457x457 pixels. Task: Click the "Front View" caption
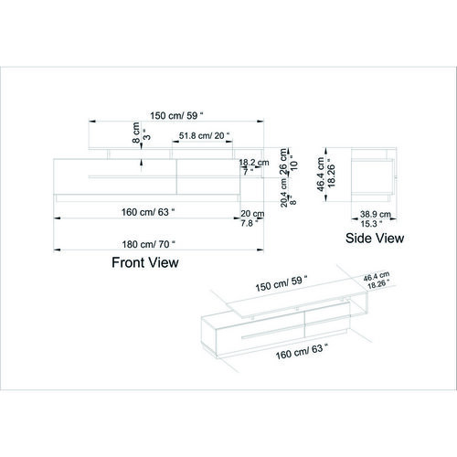[x=145, y=262]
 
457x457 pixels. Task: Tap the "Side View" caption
[x=375, y=238]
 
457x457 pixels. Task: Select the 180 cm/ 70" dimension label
[x=149, y=244]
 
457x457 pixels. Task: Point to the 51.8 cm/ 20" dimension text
[x=204, y=135]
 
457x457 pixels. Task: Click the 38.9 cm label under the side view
[x=376, y=214]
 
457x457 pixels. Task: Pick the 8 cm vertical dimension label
[x=136, y=133]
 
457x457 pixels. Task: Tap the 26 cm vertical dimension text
[x=283, y=162]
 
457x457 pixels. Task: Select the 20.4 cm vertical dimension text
[x=284, y=193]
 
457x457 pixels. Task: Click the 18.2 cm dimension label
[x=254, y=163]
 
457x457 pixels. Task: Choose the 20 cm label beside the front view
[x=252, y=214]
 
